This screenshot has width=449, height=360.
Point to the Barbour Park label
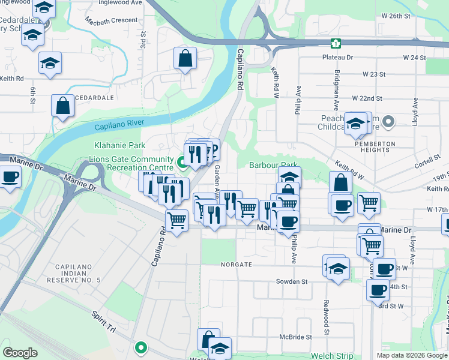[x=273, y=165]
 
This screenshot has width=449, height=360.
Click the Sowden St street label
[x=292, y=281]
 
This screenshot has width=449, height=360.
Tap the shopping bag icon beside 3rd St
[x=185, y=59]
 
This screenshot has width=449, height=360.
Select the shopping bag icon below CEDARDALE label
[x=62, y=106]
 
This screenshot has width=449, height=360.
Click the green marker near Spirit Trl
[x=141, y=347]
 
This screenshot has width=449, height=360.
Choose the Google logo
[x=20, y=353]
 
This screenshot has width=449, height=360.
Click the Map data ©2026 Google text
[x=411, y=355]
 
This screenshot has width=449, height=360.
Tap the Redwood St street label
[x=326, y=317]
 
